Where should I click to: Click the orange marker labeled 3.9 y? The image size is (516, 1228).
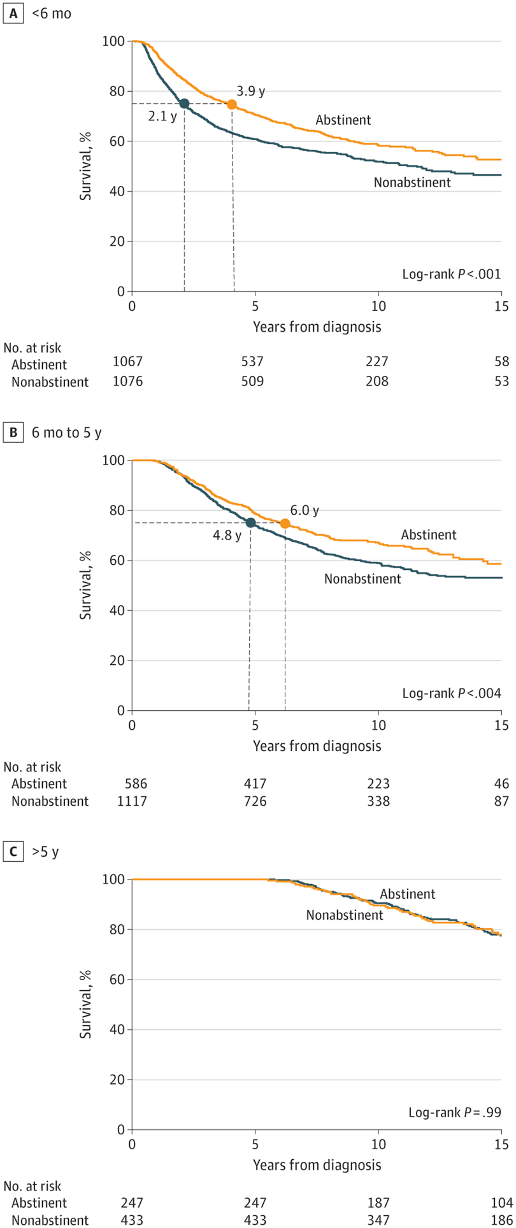232,104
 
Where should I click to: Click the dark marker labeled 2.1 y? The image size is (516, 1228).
184,104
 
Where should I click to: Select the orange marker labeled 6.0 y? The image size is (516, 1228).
285,524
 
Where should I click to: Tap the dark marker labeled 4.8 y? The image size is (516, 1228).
250,523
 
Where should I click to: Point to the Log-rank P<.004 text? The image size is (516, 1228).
452,693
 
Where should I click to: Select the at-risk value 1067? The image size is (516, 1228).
127,362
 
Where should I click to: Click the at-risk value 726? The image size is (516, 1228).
254,801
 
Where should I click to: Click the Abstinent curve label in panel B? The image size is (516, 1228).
429,535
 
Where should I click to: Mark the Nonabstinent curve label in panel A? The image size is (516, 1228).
412,183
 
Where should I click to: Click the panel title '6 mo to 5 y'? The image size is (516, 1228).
67,432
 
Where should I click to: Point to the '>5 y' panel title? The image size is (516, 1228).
45,852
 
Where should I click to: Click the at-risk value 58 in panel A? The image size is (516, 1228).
502,362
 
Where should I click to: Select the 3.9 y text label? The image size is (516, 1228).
251,91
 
